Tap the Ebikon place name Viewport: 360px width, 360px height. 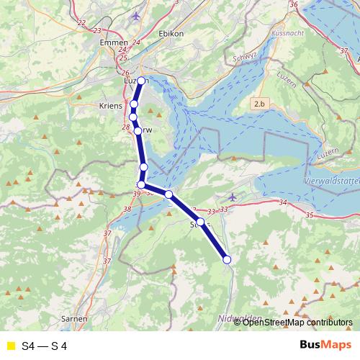pyautogui.click(x=171, y=33)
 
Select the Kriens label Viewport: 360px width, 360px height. pyautogui.click(x=109, y=105)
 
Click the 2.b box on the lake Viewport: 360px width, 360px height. pyautogui.click(x=259, y=105)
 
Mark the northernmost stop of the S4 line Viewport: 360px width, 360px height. pyautogui.click(x=142, y=81)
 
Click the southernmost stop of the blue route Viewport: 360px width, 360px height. pyautogui.click(x=227, y=259)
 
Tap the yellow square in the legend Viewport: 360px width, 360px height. pyautogui.click(x=10, y=346)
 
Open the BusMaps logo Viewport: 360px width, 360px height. pyautogui.click(x=325, y=346)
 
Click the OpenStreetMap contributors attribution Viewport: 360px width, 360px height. pyautogui.click(x=297, y=322)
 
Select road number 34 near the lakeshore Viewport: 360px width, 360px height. pyautogui.click(x=282, y=204)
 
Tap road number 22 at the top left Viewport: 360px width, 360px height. pyautogui.click(x=81, y=22)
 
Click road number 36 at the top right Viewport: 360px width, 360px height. pyautogui.click(x=293, y=4)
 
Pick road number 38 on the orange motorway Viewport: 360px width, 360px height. pyautogui.click(x=127, y=210)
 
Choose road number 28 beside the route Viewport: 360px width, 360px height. pyautogui.click(x=127, y=127)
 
